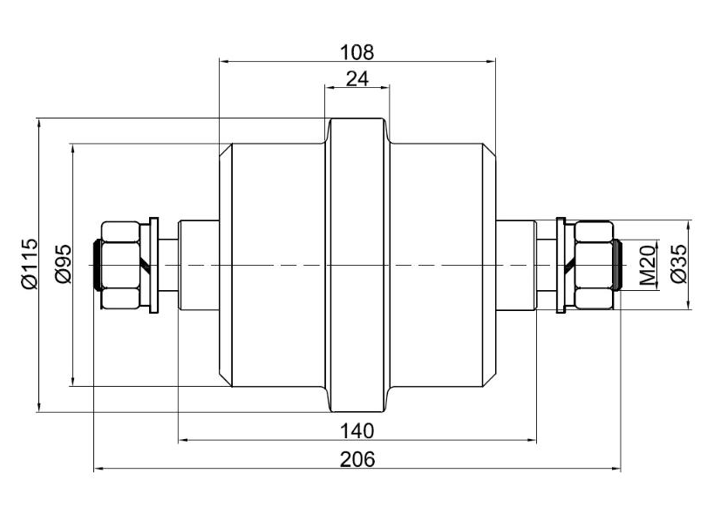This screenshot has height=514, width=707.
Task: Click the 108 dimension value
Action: [357, 51]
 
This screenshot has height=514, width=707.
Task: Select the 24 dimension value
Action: [357, 78]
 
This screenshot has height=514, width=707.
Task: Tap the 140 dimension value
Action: [357, 430]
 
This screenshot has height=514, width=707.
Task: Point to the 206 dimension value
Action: [357, 459]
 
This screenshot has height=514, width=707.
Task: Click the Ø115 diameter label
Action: [29, 263]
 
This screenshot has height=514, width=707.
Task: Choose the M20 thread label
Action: [647, 265]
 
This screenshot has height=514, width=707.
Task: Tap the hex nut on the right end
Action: [594, 265]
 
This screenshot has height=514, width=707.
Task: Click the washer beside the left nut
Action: [154, 265]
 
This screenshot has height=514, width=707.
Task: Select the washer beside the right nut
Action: [561, 265]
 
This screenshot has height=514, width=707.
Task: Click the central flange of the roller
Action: [357, 265]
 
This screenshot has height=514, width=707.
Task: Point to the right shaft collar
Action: [516, 265]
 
